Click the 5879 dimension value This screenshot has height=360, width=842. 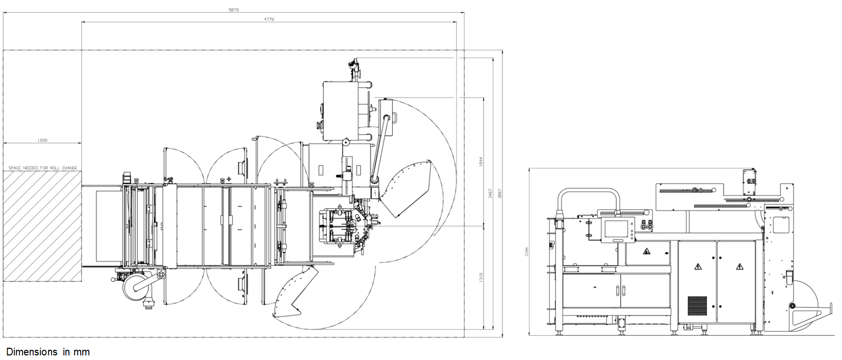click(x=233, y=9)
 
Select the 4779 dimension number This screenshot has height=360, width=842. click(x=269, y=19)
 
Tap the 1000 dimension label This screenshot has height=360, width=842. click(x=42, y=140)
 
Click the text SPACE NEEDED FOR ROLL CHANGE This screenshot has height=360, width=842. click(x=42, y=167)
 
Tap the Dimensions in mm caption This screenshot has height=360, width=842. click(x=48, y=352)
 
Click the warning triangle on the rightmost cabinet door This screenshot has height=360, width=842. click(x=738, y=267)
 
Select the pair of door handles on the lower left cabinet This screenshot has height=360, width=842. click(x=620, y=291)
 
